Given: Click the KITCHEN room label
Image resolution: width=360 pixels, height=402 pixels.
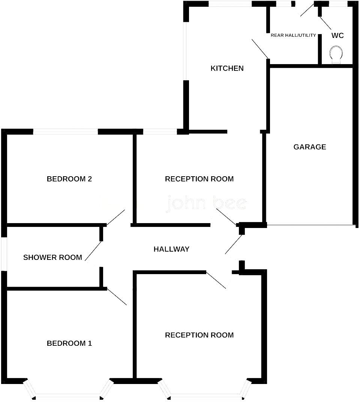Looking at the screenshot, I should coord(227,68).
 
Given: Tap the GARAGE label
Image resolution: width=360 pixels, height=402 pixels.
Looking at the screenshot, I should coord(309,147).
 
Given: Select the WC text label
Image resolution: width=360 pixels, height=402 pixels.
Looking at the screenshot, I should coord(337,36).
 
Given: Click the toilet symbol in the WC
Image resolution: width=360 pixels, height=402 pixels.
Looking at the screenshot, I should coord(336,55).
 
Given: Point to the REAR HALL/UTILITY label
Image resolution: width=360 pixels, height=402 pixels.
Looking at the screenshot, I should coord(293,36).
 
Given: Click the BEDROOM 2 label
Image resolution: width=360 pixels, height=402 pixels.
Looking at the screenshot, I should coord(69,179).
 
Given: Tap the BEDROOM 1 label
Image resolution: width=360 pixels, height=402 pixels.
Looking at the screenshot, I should coord(69,343).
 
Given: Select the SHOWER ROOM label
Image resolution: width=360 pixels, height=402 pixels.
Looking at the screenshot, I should coord(52,257).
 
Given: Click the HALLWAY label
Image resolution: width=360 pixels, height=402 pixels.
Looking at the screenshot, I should coord(171,249).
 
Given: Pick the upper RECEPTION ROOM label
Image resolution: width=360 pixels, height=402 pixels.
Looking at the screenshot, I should coord(199,179).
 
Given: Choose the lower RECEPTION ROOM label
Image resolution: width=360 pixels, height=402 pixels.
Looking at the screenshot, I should coord(199,335).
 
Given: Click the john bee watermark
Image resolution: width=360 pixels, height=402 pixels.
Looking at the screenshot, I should coord(206,204).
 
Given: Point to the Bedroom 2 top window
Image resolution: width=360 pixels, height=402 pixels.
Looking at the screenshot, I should coord(66,132).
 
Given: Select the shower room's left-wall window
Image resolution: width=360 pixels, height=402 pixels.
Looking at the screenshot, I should coord(3,253).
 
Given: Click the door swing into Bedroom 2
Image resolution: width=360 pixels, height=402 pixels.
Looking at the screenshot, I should coord(116,218).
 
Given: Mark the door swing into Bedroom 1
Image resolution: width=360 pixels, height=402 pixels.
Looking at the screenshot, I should coord(117,296).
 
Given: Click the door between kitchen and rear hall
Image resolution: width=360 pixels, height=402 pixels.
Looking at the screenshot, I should coord(260,48).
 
